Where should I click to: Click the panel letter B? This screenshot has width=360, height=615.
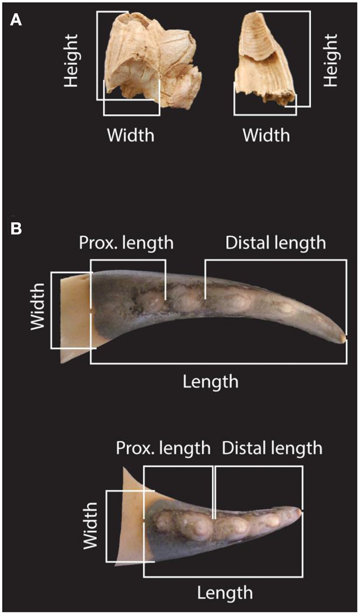pyautogui.click(x=16, y=229)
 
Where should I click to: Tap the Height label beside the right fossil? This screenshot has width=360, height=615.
pyautogui.click(x=331, y=61)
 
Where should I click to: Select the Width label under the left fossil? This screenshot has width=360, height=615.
pyautogui.click(x=130, y=135)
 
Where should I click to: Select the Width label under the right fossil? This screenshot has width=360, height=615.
pyautogui.click(x=266, y=135)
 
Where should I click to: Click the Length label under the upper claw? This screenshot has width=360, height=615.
pyautogui.click(x=211, y=381)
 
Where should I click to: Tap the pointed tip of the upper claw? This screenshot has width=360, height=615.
pyautogui.click(x=345, y=338)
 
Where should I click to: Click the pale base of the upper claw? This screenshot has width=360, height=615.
pyautogui.click(x=75, y=315)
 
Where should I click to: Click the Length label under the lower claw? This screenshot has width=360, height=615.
pyautogui.click(x=225, y=592)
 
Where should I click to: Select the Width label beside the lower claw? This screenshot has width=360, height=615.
pyautogui.click(x=91, y=526)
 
